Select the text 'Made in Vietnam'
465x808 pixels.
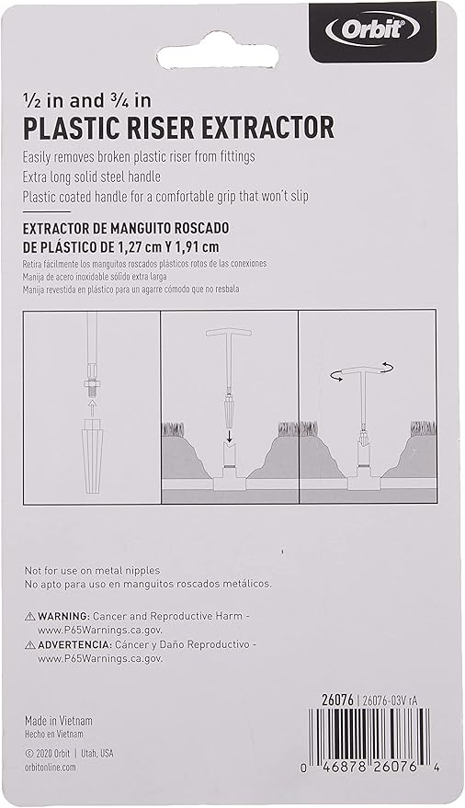tap(59, 721)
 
